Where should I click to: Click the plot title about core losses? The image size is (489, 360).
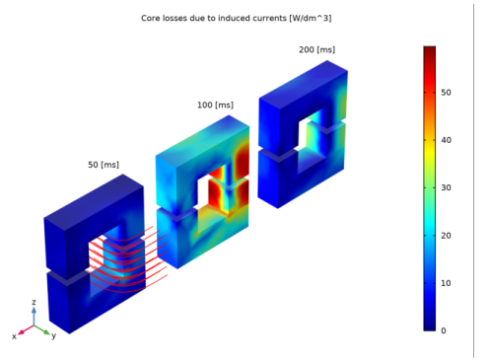tap(236, 18)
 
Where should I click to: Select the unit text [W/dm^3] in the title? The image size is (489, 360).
tap(311, 18)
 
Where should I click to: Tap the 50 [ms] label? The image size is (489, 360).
tap(104, 165)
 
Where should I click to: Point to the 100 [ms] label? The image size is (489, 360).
tap(215, 105)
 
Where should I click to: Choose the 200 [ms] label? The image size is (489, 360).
tap(316, 49)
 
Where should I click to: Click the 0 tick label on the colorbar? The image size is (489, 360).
tap(444, 330)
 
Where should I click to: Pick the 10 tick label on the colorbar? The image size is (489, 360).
tap(446, 283)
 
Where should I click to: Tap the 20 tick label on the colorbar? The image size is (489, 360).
tap(446, 236)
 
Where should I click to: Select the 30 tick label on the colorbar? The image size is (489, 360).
tap(446, 187)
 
